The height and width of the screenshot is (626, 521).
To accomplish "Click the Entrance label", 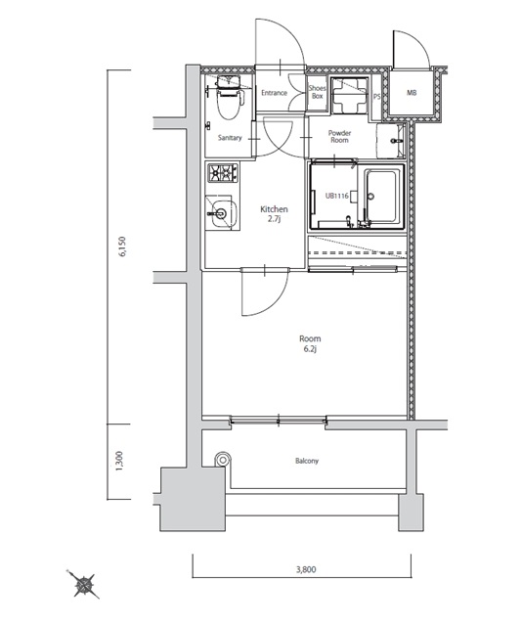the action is click(x=274, y=93).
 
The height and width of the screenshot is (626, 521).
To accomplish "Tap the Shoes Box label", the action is click(x=317, y=92).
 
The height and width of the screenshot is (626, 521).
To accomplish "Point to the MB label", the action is click(x=412, y=93).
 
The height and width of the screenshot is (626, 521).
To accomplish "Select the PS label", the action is click(x=376, y=97).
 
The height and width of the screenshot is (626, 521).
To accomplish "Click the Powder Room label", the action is click(x=339, y=137).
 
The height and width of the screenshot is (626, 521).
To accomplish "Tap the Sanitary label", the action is click(x=230, y=138).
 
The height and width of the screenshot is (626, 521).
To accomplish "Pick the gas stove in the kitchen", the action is click(x=223, y=172).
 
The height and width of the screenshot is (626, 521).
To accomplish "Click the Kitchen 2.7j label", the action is click(x=274, y=214).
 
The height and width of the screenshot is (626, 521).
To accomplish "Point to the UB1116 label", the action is click(x=336, y=196).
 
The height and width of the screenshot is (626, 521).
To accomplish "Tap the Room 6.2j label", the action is click(x=310, y=344).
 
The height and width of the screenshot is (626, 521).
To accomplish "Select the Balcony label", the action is click(x=307, y=461).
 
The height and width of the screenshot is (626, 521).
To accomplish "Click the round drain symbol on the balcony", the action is click(x=223, y=459).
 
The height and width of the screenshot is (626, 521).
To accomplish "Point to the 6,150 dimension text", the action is click(x=122, y=246).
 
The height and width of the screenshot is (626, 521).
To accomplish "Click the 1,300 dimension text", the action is click(x=119, y=461).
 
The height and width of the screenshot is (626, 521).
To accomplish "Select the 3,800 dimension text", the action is click(x=306, y=569).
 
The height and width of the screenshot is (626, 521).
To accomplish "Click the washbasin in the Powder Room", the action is click(x=391, y=141).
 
